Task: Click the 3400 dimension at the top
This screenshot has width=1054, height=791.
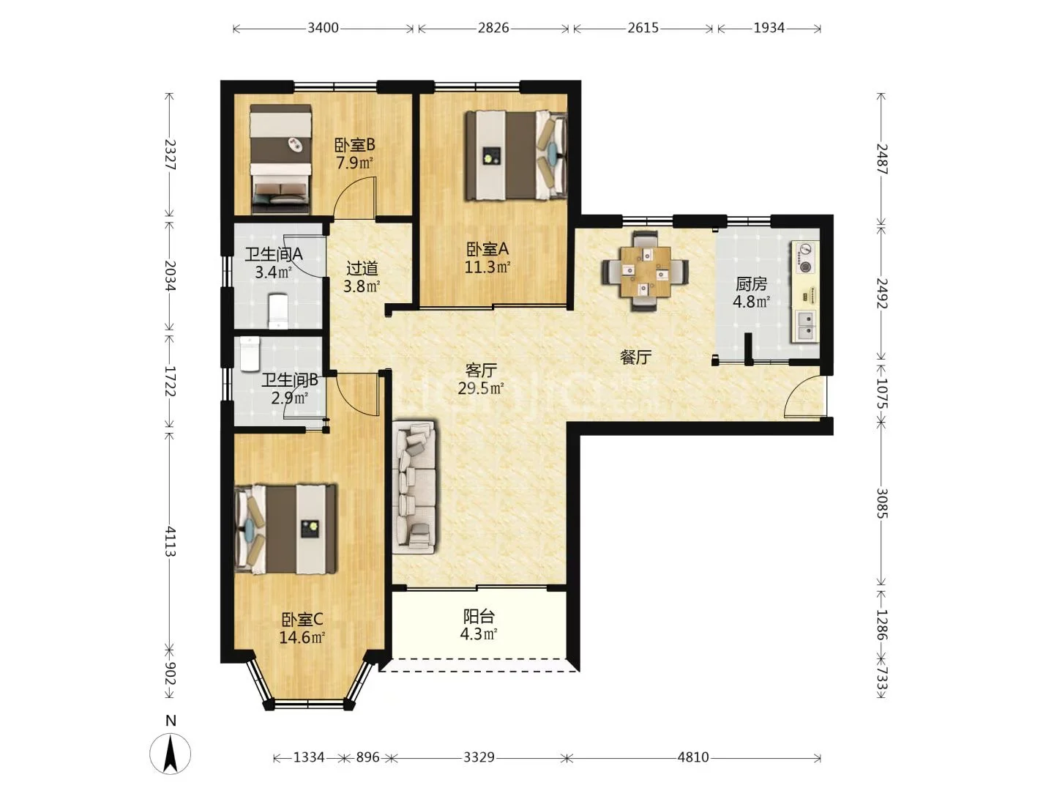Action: click(324, 28)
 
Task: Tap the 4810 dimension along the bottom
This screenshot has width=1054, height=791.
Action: click(693, 758)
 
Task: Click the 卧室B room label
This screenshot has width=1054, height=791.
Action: click(354, 144)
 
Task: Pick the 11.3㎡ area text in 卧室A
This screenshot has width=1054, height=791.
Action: click(487, 267)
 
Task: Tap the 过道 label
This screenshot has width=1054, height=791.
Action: click(362, 268)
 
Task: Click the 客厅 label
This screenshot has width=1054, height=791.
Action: click(481, 370)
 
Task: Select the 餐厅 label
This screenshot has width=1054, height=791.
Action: click(635, 357)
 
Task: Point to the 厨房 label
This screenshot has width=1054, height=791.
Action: click(752, 284)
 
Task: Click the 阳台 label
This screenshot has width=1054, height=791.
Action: click(479, 616)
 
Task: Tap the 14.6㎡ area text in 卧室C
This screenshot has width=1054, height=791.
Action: click(302, 637)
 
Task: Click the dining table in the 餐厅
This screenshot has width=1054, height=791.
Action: click(646, 271)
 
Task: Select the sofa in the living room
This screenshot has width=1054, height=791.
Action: click(415, 487)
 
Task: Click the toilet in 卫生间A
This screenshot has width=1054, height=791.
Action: click(278, 311)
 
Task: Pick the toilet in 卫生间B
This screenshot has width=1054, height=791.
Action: click(250, 354)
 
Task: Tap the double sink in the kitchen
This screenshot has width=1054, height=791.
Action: click(805, 326)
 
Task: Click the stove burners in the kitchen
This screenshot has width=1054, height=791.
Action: click(805, 257)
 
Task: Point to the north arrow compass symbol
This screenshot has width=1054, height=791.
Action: click(171, 754)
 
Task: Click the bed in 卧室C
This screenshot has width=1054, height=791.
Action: click(285, 529)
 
